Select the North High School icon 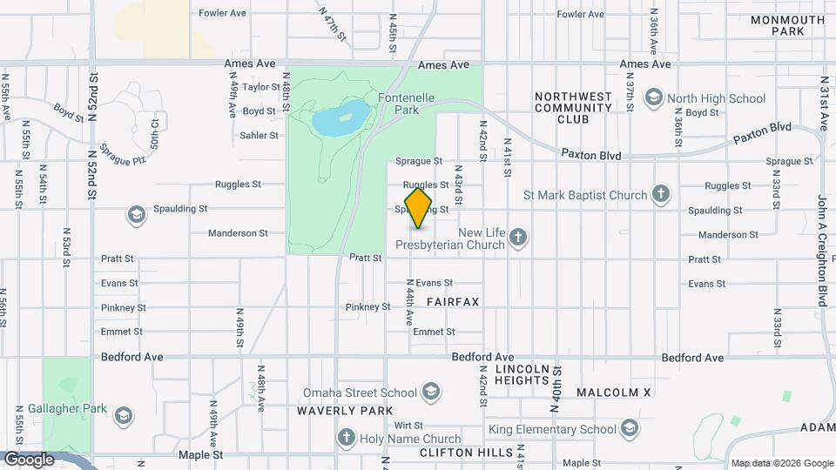point(654,98)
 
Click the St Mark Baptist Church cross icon point(661,195)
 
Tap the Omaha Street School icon point(429,392)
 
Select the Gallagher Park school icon point(124,414)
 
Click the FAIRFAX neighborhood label point(453,301)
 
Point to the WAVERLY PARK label point(345,411)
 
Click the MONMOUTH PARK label point(787,25)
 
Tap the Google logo point(28,459)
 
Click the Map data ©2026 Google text point(781,463)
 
